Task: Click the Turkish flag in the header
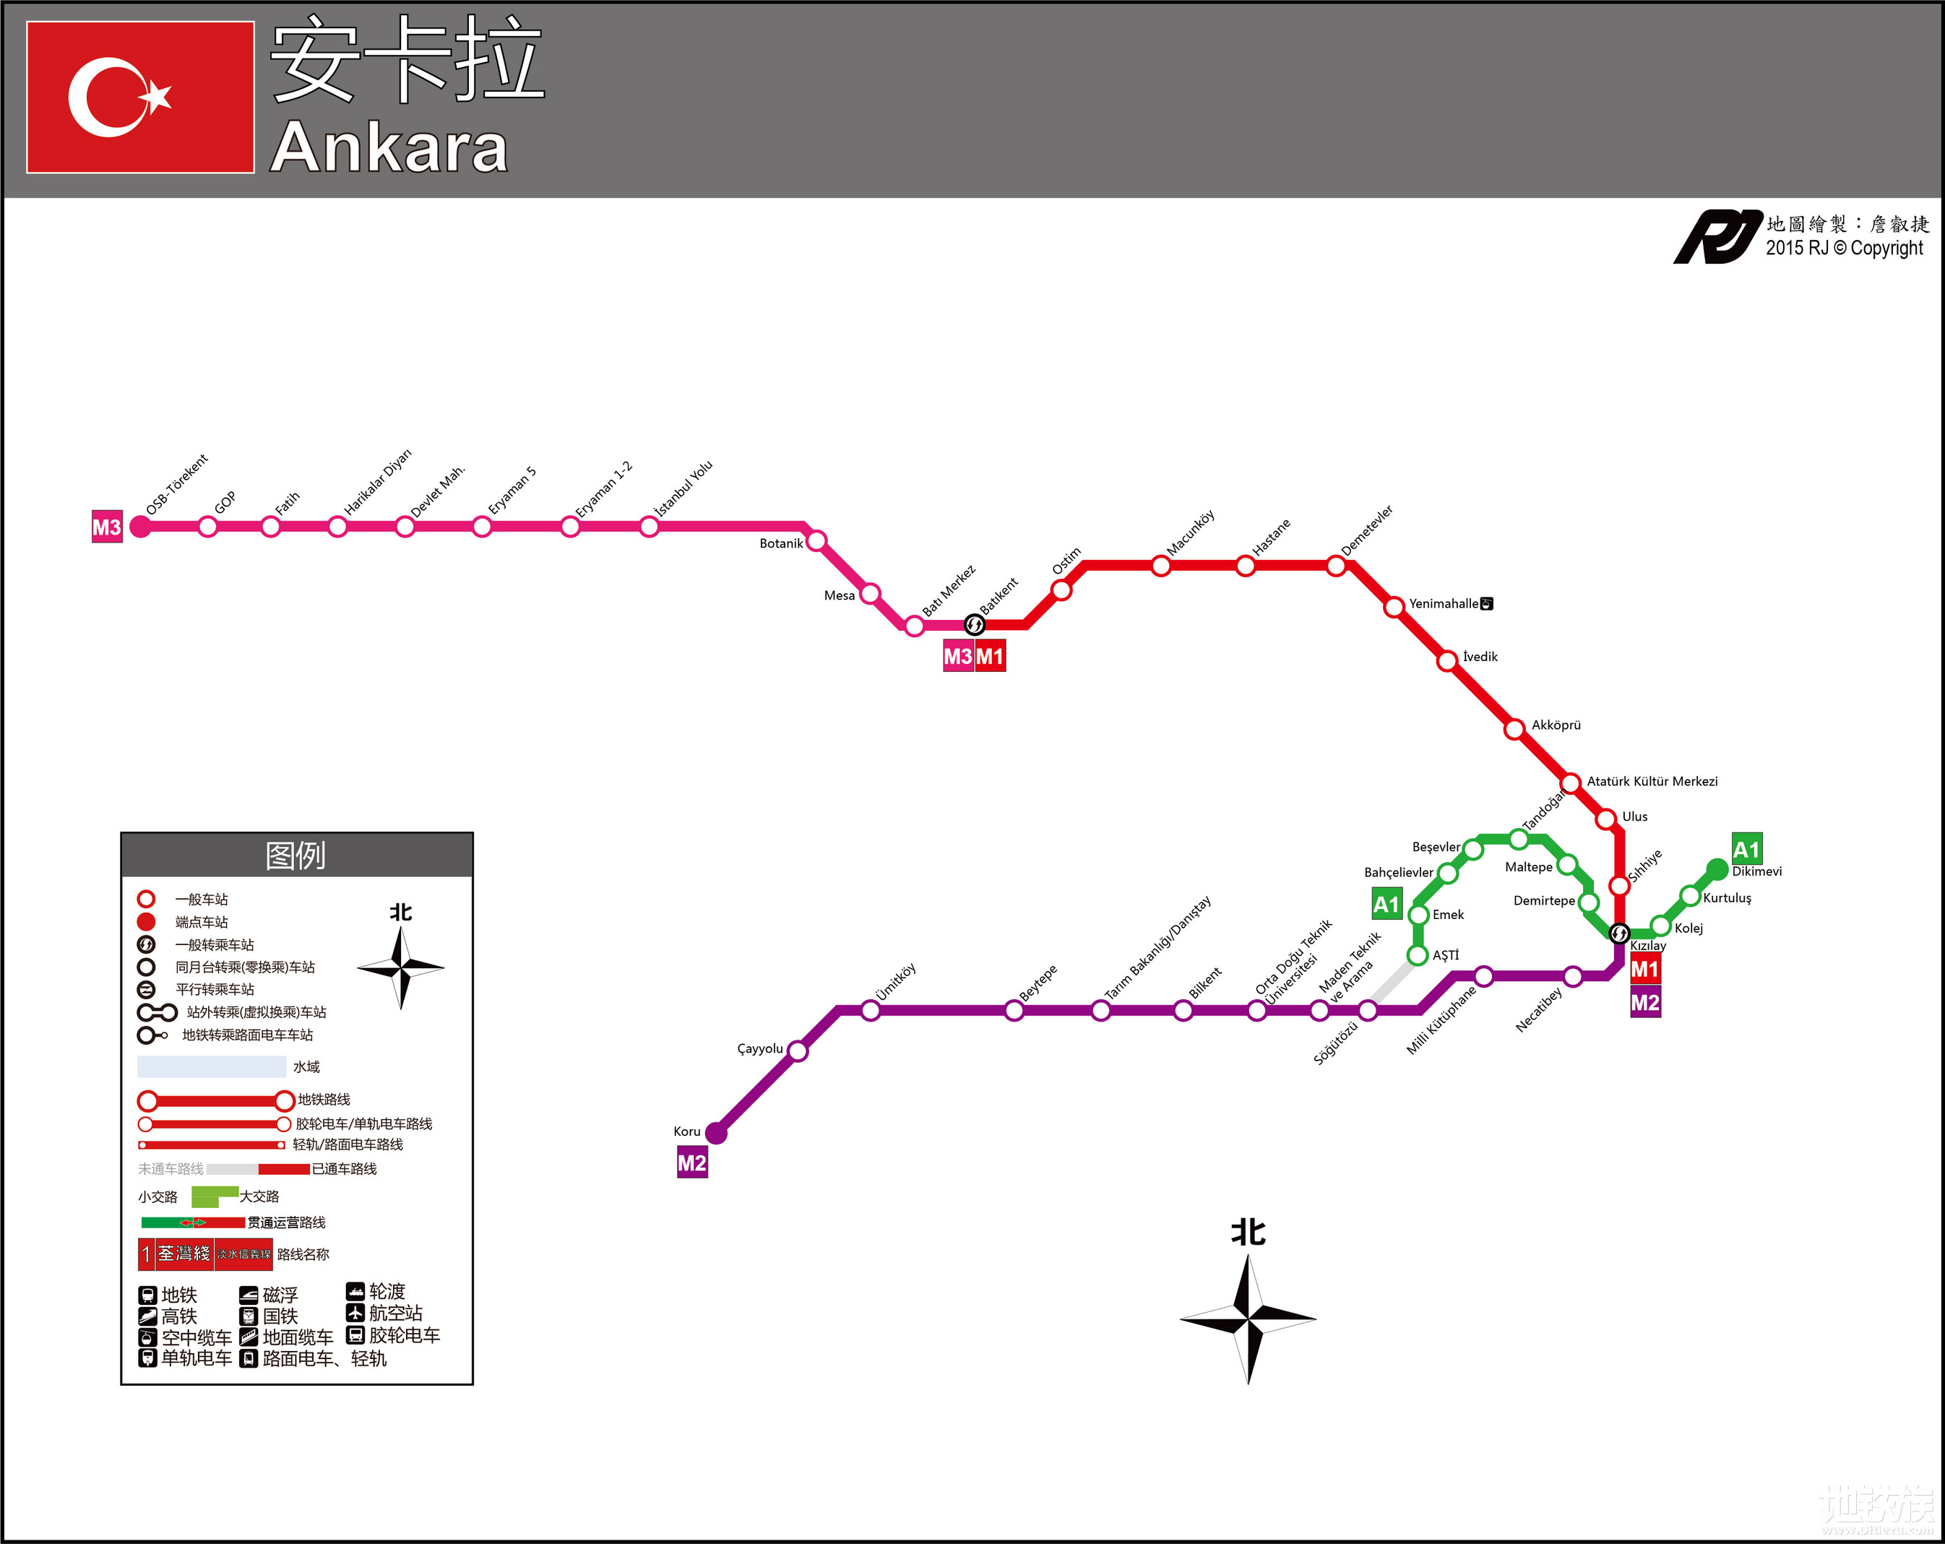(140, 98)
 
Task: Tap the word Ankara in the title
(389, 147)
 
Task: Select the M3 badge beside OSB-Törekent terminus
(106, 527)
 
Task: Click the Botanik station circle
(816, 541)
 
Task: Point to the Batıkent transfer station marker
(974, 624)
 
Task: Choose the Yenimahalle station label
(1444, 603)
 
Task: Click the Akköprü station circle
(1514, 729)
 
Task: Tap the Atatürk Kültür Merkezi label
(1652, 781)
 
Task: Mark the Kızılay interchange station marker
(1619, 933)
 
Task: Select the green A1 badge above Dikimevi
(1746, 849)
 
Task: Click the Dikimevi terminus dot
(1717, 869)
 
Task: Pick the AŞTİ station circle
(1418, 955)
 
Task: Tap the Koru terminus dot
(716, 1133)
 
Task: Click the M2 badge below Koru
(692, 1163)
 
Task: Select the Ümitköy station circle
(871, 1011)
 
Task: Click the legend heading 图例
(296, 855)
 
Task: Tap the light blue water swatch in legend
(211, 1067)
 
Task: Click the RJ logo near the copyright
(1717, 237)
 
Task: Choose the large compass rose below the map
(1248, 1319)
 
